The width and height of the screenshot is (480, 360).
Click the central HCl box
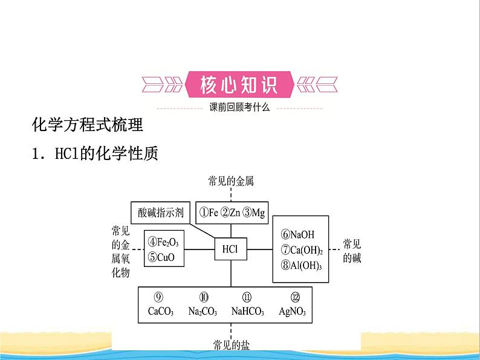tap(230, 248)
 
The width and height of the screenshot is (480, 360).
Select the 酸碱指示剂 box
tap(161, 212)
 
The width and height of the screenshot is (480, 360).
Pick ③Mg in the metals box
tap(253, 212)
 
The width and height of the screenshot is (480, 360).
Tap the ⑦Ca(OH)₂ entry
tap(302, 250)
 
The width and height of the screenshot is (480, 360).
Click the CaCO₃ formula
tap(160, 312)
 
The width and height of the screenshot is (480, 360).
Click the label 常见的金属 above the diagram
tap(230, 180)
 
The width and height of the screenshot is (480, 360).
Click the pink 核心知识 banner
tap(239, 85)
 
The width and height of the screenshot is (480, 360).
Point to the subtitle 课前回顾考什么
tap(239, 108)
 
